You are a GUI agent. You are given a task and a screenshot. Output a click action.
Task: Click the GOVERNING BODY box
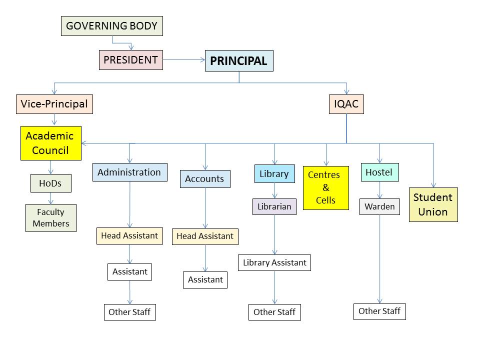click(112, 26)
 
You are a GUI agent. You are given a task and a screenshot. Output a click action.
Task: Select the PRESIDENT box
click(130, 60)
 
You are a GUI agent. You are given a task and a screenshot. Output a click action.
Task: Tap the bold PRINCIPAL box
click(238, 61)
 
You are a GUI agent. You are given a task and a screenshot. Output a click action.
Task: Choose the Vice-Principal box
click(54, 104)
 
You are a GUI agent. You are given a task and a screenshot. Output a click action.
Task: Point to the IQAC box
click(346, 104)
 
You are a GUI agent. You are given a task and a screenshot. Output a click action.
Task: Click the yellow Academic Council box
click(50, 143)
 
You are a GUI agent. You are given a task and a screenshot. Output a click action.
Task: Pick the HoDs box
click(50, 183)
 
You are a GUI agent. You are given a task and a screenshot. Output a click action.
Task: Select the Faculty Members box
click(51, 218)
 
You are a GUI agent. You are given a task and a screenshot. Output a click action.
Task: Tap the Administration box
click(129, 172)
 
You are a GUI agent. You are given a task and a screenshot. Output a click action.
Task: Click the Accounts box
click(204, 179)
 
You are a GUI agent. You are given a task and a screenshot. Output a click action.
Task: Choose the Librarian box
click(274, 206)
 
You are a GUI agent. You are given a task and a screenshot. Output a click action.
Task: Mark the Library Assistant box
click(274, 262)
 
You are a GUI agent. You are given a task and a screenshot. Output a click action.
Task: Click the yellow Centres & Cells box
click(325, 187)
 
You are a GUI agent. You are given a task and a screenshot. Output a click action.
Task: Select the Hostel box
click(379, 172)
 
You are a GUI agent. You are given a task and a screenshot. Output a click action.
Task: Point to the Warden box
click(379, 206)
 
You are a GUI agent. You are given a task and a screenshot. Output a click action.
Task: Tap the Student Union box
click(433, 204)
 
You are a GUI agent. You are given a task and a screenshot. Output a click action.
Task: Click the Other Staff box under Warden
click(379, 311)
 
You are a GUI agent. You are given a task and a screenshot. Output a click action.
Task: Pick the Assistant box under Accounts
click(205, 280)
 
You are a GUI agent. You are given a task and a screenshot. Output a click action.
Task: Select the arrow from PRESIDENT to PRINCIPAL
click(183, 60)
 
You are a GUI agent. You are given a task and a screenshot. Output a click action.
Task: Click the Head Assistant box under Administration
click(129, 235)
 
